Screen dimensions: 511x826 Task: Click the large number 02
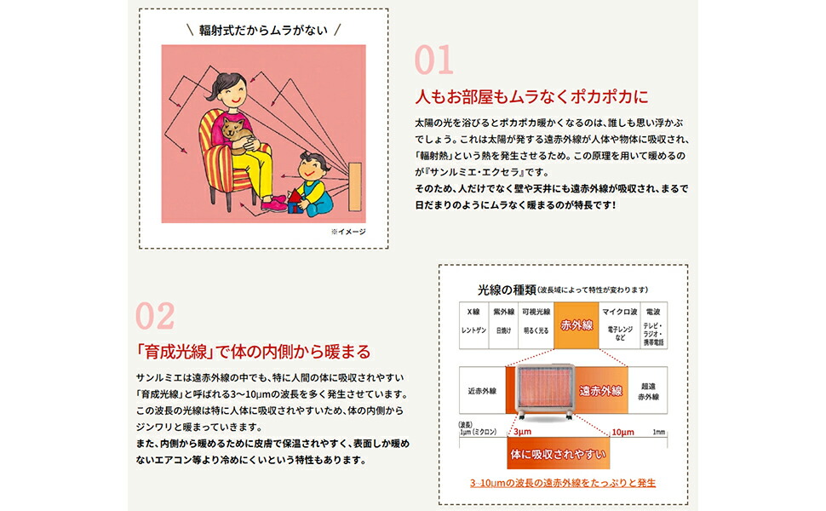click(155, 315)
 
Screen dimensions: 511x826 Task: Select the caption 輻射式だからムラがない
click(264, 29)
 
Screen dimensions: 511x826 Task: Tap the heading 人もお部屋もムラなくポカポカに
click(531, 95)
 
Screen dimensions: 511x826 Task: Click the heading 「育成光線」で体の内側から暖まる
click(253, 351)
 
